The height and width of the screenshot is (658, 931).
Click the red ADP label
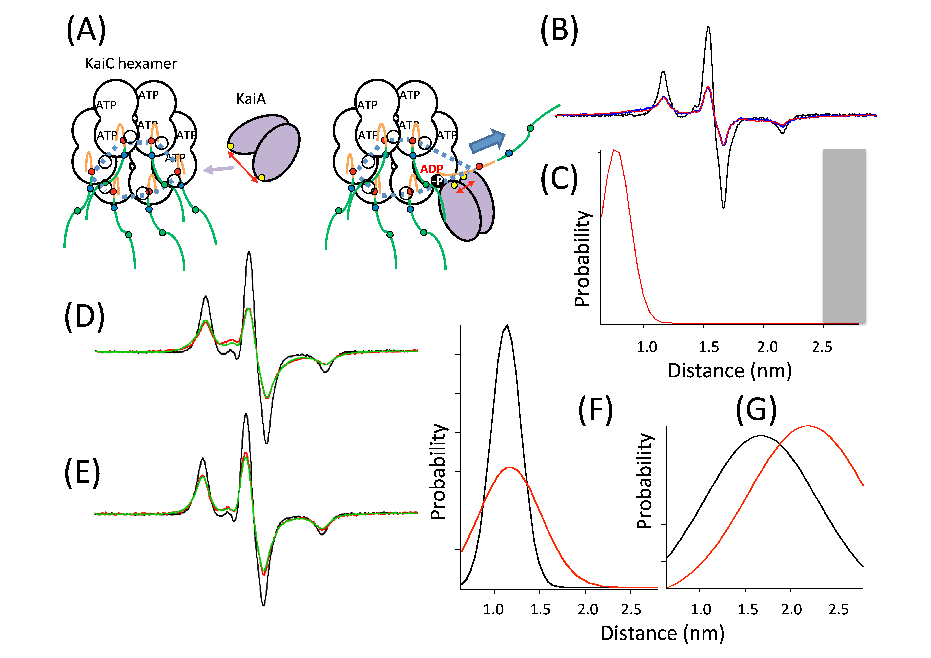click(x=431, y=169)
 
